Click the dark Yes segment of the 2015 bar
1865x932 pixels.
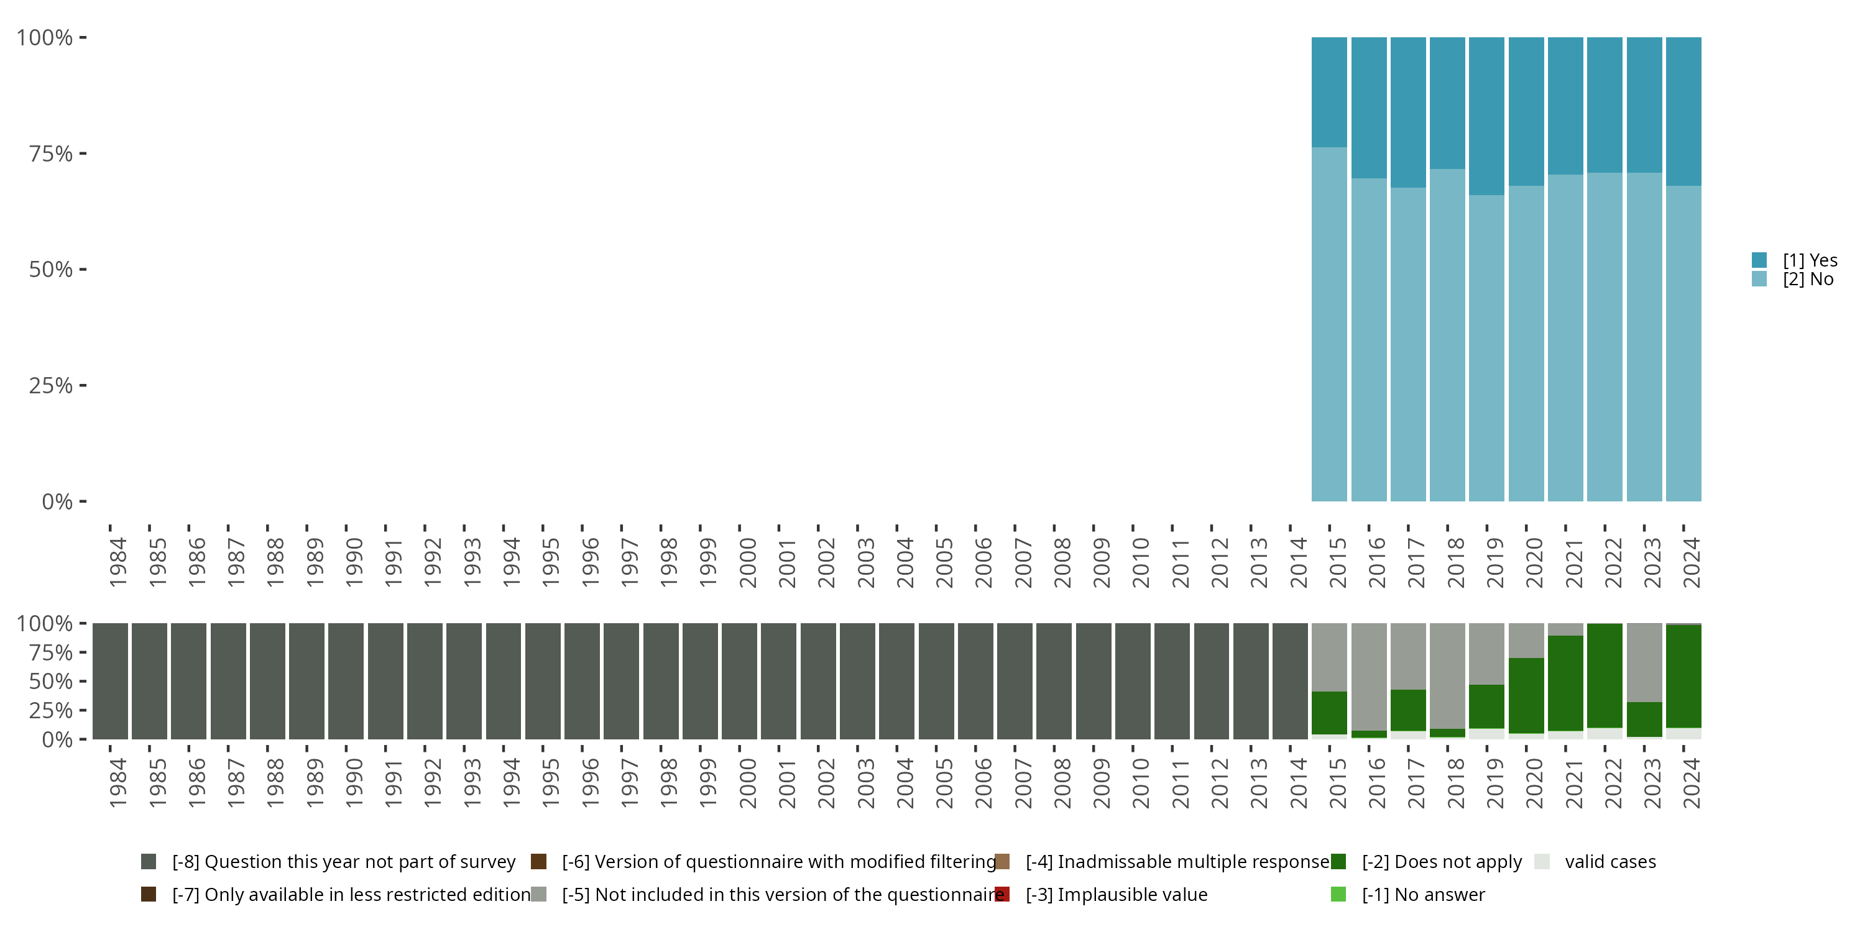pos(1329,92)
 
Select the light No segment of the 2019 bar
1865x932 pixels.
pos(1486,347)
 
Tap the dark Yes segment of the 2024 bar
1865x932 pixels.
pos(1683,111)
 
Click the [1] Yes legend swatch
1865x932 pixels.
pos(1759,260)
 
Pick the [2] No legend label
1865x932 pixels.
pos(1808,280)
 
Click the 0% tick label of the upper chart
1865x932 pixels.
pos(57,501)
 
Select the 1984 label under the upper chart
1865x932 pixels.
pos(117,562)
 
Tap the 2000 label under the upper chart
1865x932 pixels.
pos(747,562)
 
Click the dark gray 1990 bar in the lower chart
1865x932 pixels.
pos(346,681)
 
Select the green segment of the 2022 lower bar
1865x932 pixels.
pos(1605,675)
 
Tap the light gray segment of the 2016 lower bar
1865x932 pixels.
pos(1369,677)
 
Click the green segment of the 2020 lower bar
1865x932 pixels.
pos(1526,695)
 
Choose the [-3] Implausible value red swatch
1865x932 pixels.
pos(1002,894)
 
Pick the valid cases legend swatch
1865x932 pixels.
pos(1542,862)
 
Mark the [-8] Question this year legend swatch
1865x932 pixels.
pos(149,862)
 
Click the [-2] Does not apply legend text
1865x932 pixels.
pos(1442,862)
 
